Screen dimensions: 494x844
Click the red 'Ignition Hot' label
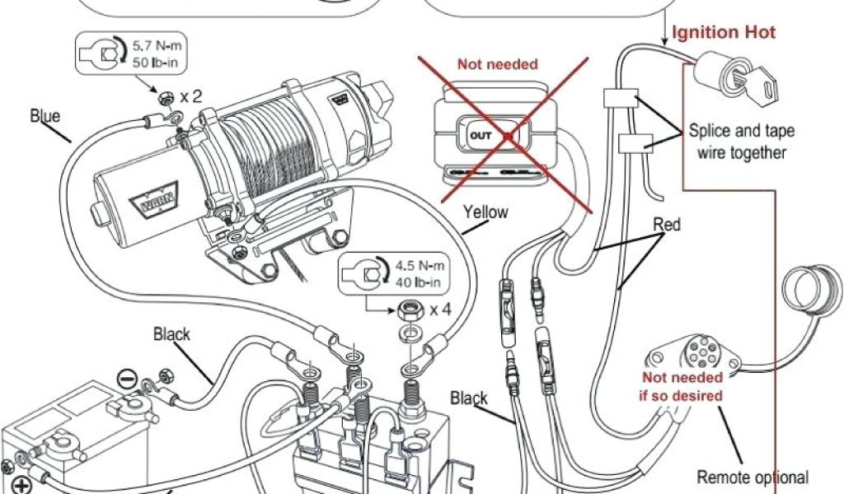pos(724,33)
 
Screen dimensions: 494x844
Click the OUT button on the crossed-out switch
pos(479,134)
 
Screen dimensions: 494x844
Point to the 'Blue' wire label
pos(45,115)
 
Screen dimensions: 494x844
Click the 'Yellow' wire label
pos(485,212)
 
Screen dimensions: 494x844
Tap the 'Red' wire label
pos(666,224)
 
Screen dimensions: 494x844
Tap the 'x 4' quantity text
pos(439,310)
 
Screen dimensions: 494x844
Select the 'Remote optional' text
pos(753,477)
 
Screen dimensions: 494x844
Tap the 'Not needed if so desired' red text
pos(684,387)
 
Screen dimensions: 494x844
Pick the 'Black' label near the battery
pos(171,334)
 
